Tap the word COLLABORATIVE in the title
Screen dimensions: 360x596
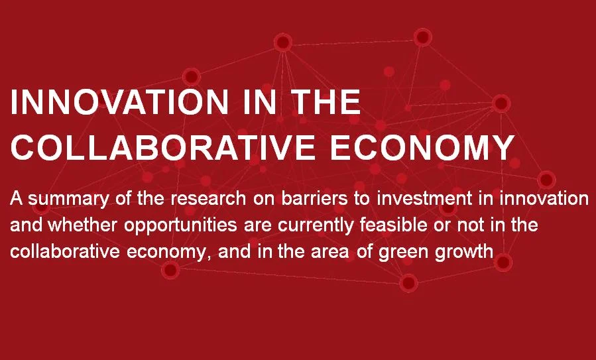(x=163, y=147)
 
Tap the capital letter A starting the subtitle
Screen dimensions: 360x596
(x=15, y=198)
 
